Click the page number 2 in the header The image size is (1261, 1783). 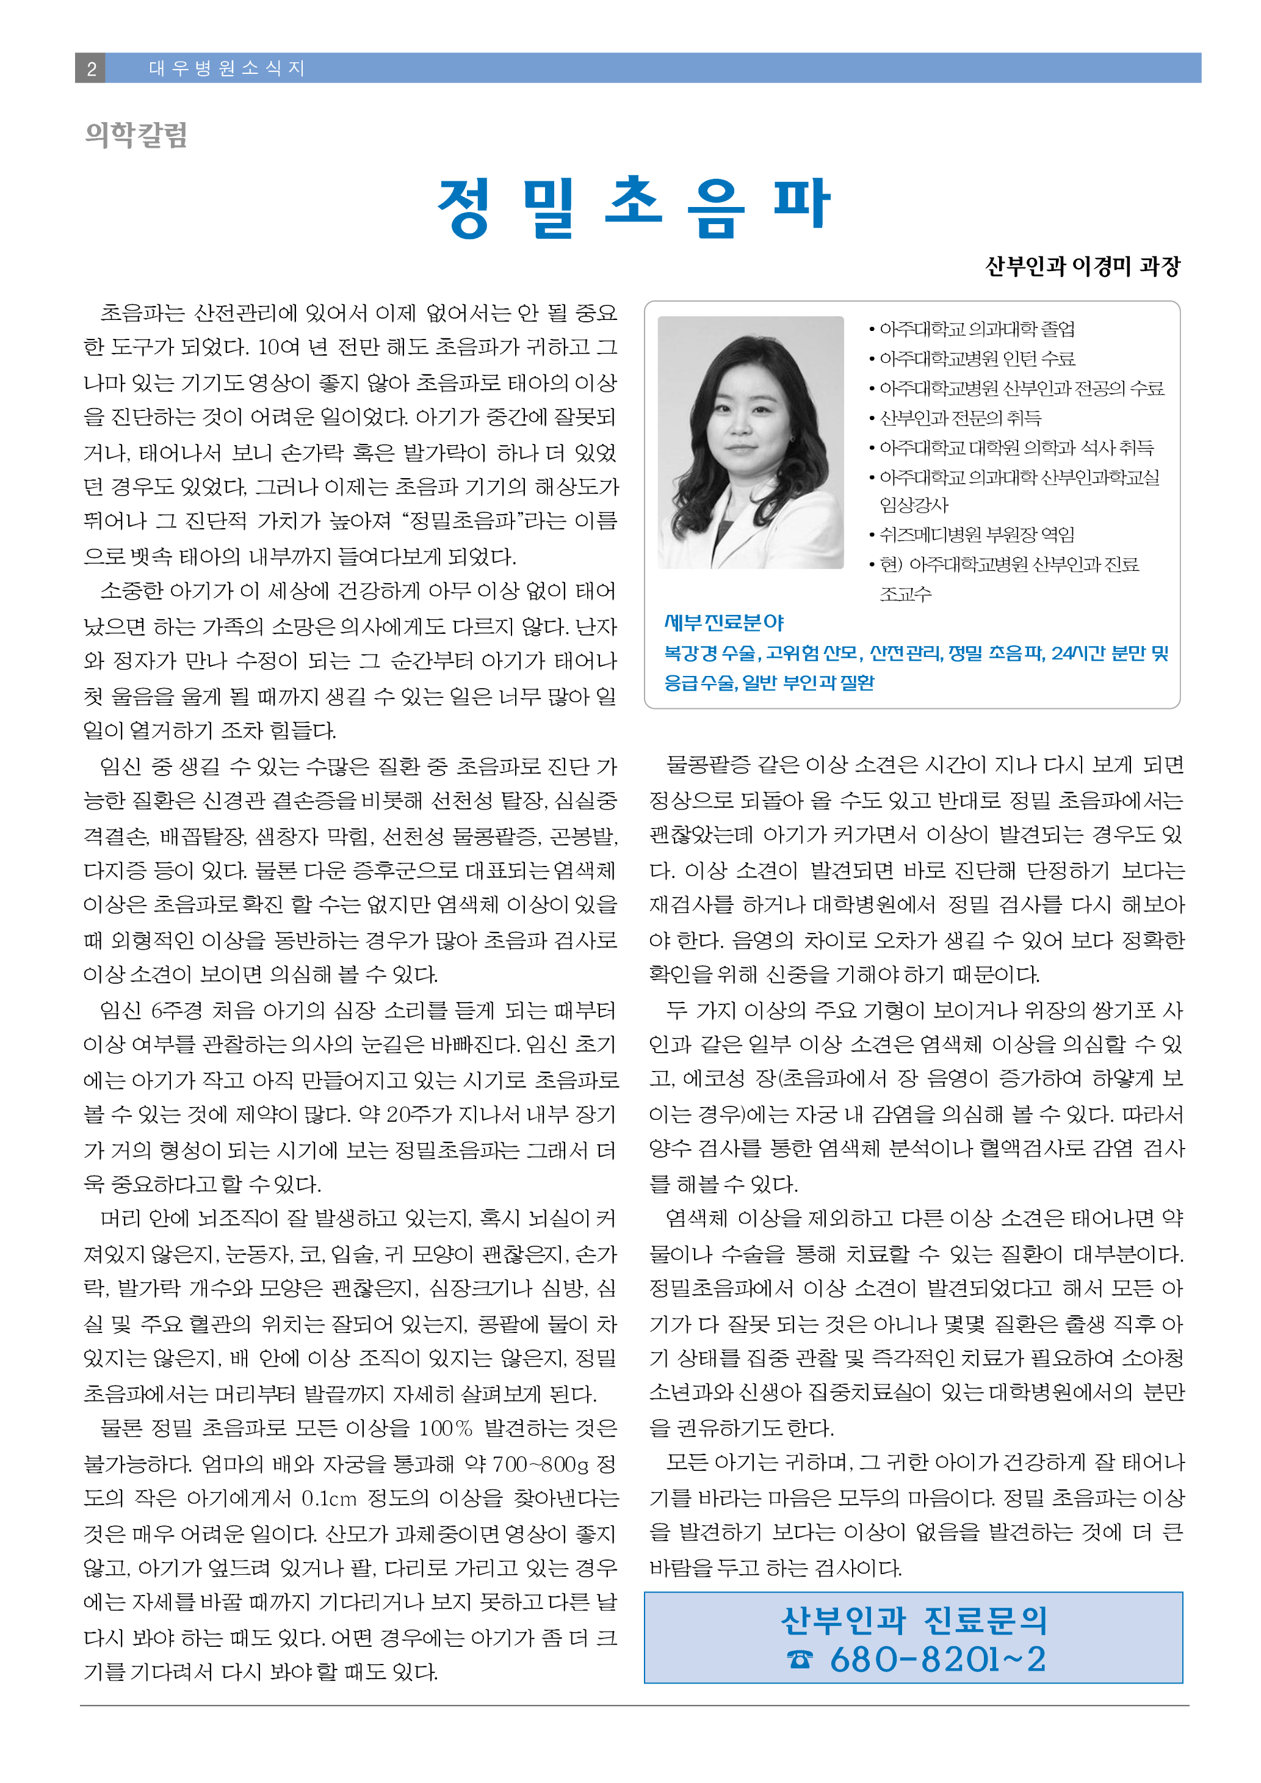pos(91,68)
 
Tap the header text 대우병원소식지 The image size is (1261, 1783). pos(226,68)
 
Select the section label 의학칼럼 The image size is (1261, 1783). pos(136,135)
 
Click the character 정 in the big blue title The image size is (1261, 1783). pos(464,208)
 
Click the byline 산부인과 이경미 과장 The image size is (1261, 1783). pos(1082,266)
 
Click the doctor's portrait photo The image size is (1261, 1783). pos(750,442)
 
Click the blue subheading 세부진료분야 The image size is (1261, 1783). pos(724,622)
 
